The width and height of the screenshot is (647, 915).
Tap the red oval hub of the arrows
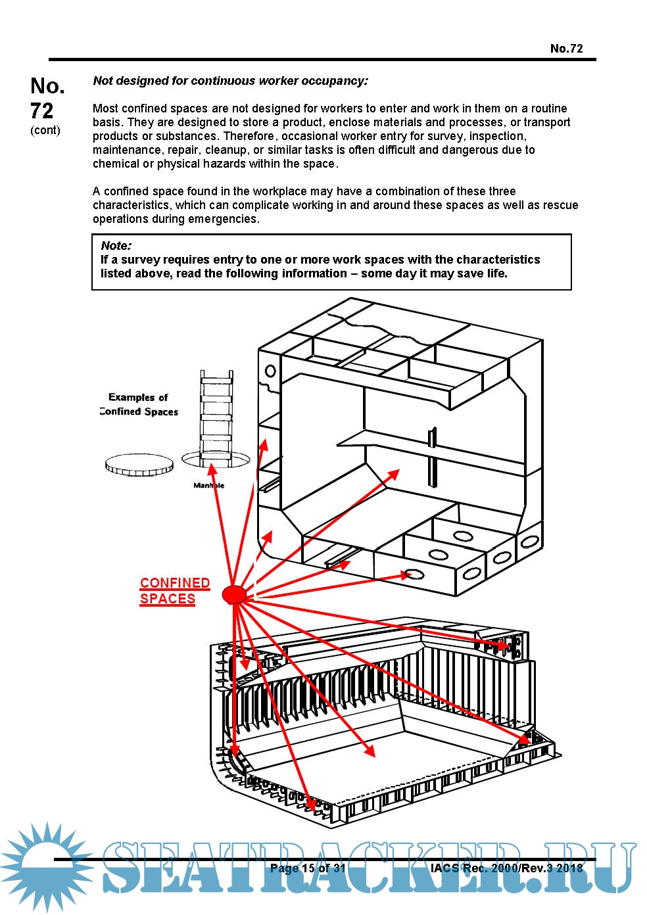tap(234, 595)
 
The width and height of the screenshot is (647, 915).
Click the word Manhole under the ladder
tap(208, 486)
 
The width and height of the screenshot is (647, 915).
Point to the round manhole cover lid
tap(139, 465)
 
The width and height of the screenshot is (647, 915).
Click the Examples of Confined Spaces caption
tap(139, 404)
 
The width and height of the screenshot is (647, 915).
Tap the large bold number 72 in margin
tap(42, 110)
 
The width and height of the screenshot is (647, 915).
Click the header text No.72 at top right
tap(566, 48)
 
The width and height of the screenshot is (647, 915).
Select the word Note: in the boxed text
tap(116, 246)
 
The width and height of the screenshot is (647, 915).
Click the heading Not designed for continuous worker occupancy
tap(230, 81)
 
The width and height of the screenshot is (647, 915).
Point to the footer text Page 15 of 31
tap(308, 868)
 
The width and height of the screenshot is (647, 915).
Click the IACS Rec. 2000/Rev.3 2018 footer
tap(506, 868)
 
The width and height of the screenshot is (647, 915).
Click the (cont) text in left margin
tap(45, 130)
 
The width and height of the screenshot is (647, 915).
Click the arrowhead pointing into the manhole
tap(212, 469)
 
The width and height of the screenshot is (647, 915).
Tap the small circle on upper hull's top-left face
tap(270, 372)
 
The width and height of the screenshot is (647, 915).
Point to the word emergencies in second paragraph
tap(223, 219)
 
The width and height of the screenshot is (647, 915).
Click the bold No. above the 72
tap(47, 85)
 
